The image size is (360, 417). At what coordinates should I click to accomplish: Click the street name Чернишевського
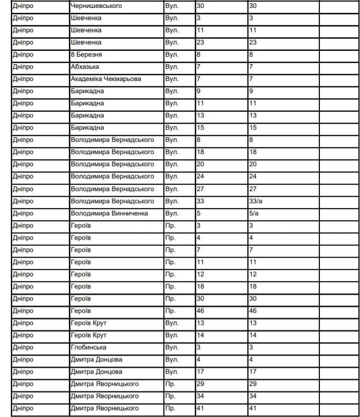[x=96, y=6]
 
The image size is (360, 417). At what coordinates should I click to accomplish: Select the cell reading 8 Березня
[x=86, y=55]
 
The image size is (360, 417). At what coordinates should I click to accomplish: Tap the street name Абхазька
[x=85, y=67]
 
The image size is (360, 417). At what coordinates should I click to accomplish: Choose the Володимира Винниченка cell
[x=109, y=213]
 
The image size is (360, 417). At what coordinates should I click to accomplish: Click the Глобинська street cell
[x=88, y=347]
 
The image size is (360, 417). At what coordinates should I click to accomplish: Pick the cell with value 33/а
[x=256, y=201]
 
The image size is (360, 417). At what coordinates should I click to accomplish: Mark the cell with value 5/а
[x=254, y=213]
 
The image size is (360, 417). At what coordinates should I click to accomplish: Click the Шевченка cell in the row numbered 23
[x=86, y=42]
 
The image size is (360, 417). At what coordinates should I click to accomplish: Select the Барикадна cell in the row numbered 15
[x=87, y=128]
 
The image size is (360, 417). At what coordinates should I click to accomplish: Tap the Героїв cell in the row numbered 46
[x=80, y=311]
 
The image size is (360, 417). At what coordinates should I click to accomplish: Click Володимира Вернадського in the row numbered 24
[x=112, y=176]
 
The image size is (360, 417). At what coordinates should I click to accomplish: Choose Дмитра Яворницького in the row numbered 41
[x=105, y=408]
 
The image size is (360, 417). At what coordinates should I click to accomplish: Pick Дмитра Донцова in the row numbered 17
[x=96, y=371]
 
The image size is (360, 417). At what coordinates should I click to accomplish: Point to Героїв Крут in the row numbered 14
[x=88, y=335]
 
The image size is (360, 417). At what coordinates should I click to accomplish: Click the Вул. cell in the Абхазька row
[x=172, y=67]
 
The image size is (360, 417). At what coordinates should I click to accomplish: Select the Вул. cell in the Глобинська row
[x=172, y=347]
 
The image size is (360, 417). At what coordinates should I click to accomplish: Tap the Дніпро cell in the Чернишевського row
[x=23, y=6]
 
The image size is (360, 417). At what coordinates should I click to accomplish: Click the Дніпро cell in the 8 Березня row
[x=23, y=55]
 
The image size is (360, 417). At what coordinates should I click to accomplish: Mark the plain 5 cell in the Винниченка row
[x=198, y=213]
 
